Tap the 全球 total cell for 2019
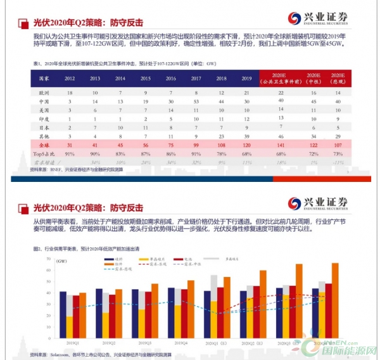[x=246, y=145]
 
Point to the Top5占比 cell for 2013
[x=94, y=153]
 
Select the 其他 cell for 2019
[x=246, y=136]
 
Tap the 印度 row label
[x=44, y=119]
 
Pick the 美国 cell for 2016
[x=172, y=110]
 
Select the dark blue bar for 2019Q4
[x=171, y=311]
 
